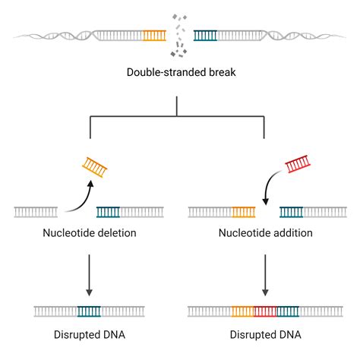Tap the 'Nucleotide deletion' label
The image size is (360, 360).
(90, 233)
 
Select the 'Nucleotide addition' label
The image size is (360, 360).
(265, 233)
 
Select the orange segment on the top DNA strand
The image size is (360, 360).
(154, 35)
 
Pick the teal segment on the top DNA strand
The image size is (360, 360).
(205, 35)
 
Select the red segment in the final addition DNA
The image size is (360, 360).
(265, 311)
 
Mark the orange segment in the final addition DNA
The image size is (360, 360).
(242, 311)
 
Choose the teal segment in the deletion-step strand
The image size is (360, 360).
(107, 212)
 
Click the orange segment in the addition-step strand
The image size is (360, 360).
(243, 212)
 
